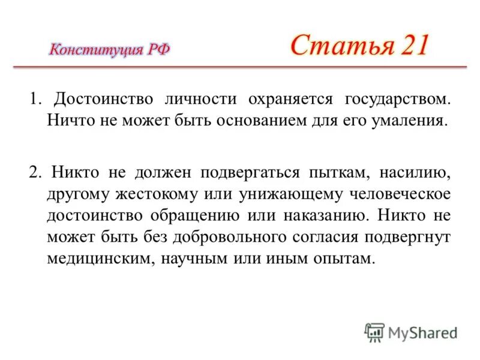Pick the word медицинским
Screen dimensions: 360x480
tap(98, 259)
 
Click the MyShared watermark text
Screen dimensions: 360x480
tap(423, 331)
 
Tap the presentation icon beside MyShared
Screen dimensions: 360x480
tap(375, 332)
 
